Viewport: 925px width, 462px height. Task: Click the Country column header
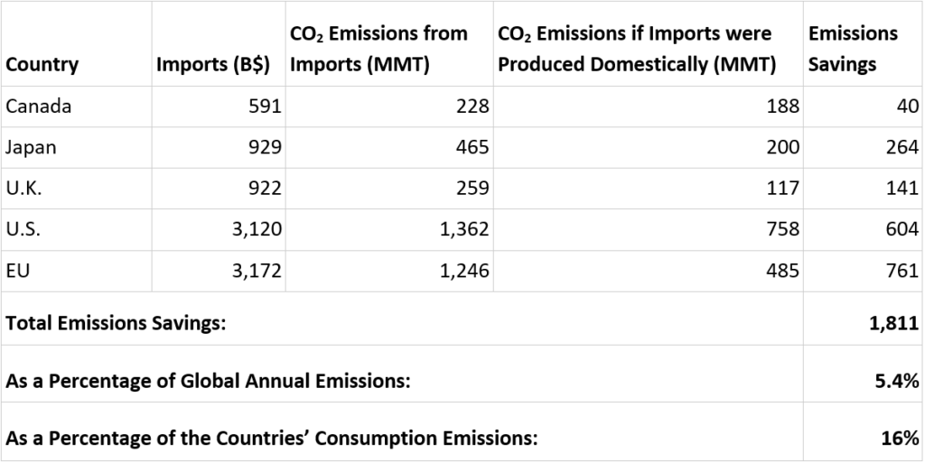pos(42,65)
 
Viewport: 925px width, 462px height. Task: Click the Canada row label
pos(38,106)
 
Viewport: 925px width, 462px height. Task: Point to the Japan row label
pos(31,148)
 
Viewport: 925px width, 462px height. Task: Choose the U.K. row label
pos(23,189)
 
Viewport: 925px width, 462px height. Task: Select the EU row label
pos(17,272)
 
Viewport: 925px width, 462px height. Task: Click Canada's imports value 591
pos(265,106)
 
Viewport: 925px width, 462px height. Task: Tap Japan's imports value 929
pos(265,148)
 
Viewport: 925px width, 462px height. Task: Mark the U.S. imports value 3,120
pos(257,230)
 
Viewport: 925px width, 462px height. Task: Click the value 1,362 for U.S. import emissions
pos(464,230)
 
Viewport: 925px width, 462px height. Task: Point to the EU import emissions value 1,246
pos(464,272)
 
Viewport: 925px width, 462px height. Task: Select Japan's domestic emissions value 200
pos(781,148)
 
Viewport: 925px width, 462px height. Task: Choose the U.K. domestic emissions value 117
pos(782,189)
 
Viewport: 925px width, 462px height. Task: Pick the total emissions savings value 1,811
pos(894,324)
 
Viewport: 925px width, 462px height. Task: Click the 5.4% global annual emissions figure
pos(898,381)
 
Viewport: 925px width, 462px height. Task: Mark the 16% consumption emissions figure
pos(902,439)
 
